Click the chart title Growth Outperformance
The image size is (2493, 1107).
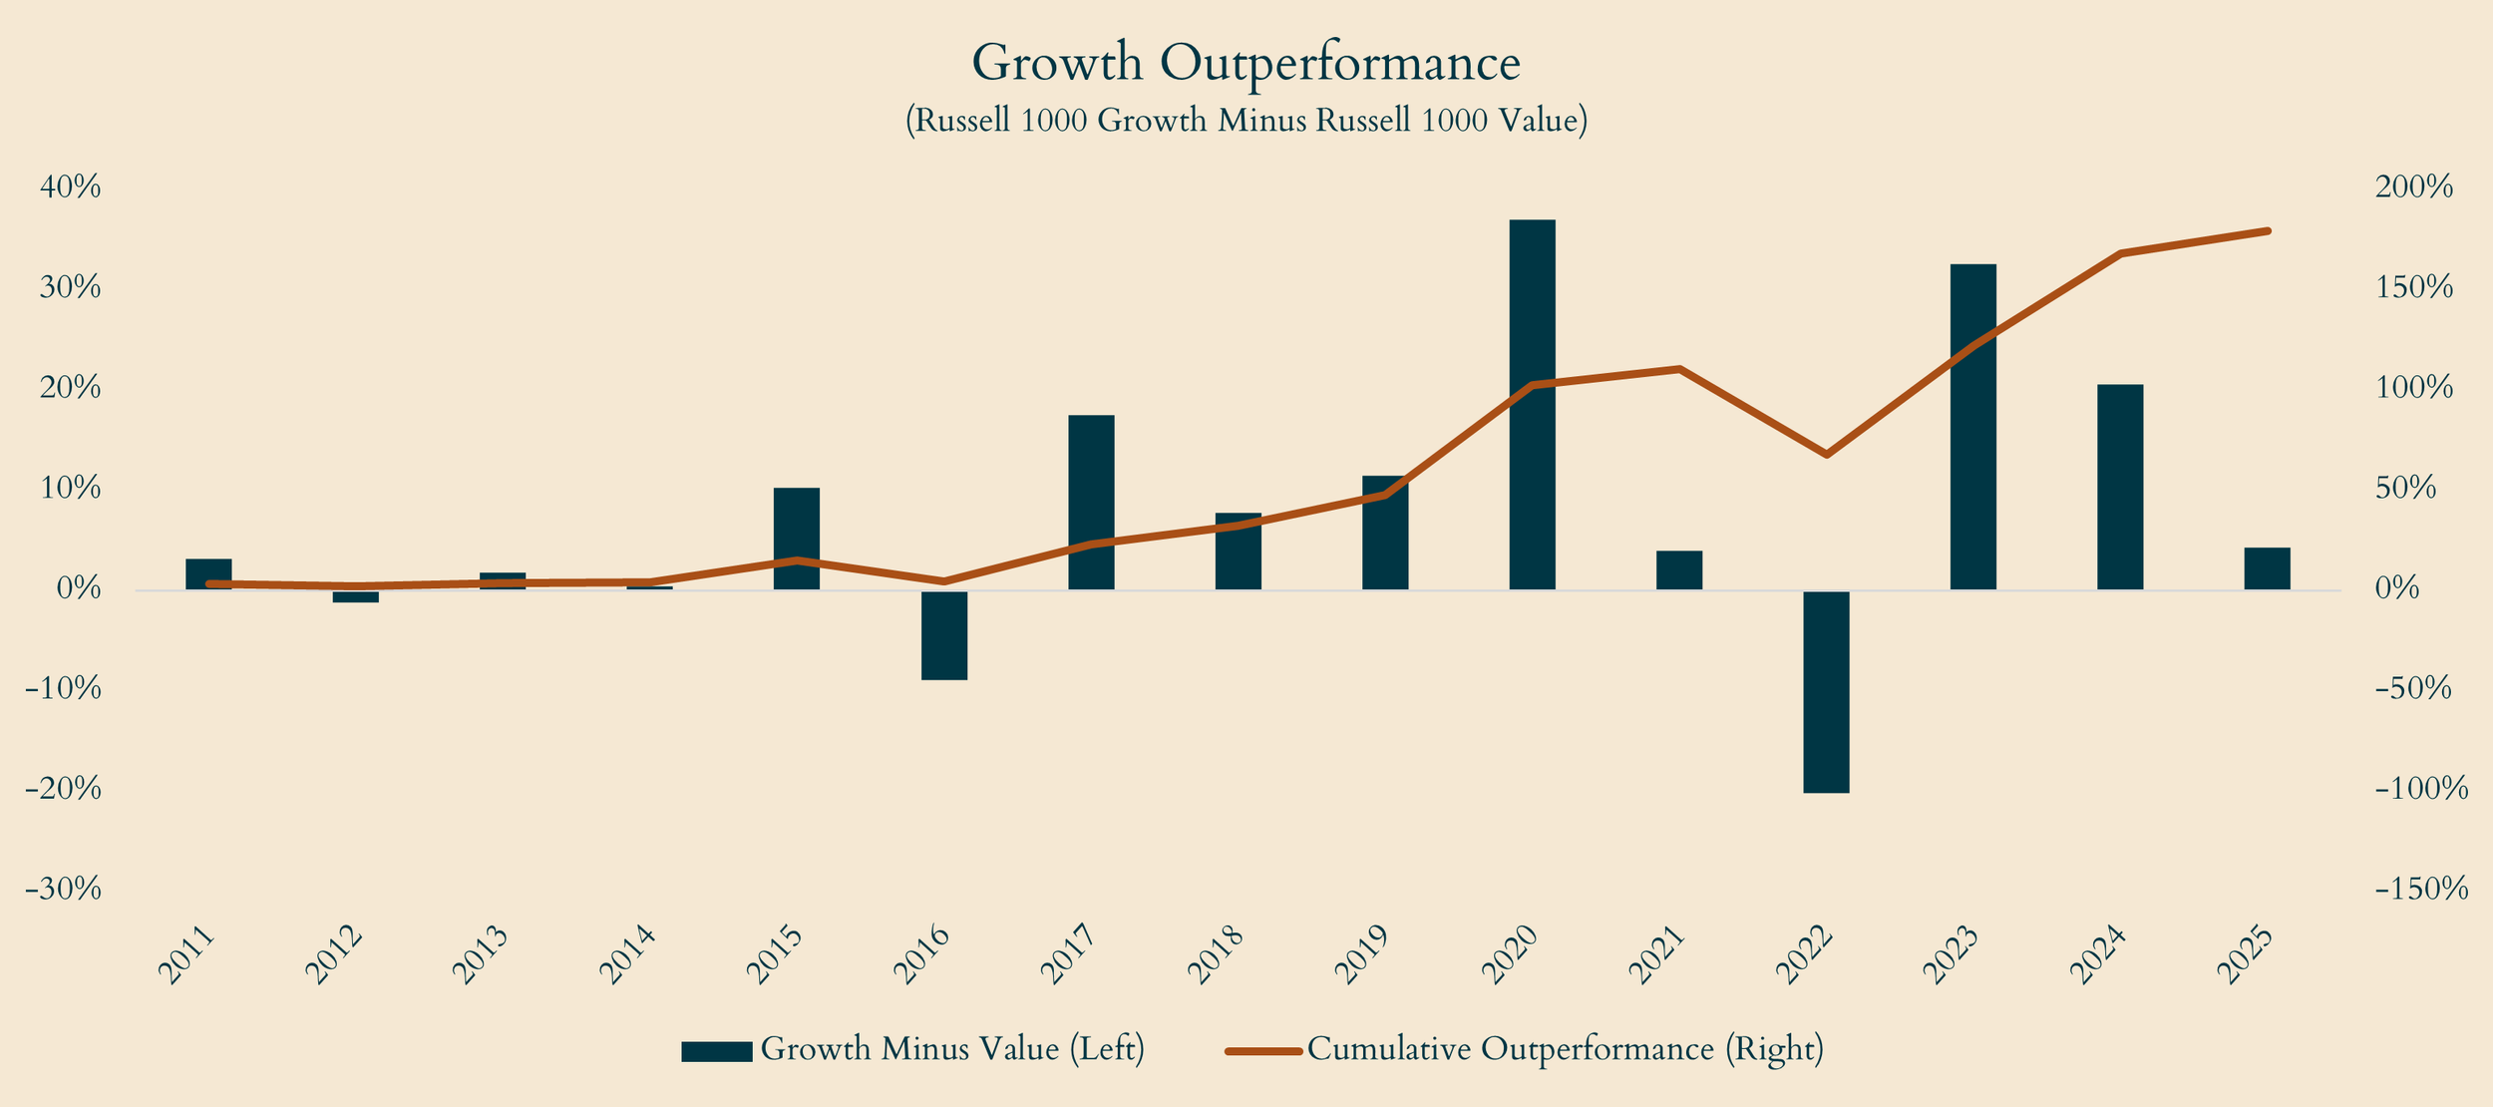coord(1246,64)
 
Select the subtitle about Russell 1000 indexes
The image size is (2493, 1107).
coord(1246,121)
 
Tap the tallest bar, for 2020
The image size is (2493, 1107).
coord(1532,404)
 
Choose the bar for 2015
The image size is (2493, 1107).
coord(797,539)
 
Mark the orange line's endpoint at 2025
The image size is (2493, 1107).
coord(2268,231)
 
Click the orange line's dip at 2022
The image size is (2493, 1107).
coord(1826,455)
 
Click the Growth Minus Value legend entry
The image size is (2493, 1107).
coord(912,1050)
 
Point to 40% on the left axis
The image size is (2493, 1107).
coord(69,187)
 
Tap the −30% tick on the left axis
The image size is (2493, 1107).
coord(65,890)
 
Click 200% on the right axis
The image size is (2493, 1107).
coord(2413,187)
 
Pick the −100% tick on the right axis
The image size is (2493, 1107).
coord(2421,790)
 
